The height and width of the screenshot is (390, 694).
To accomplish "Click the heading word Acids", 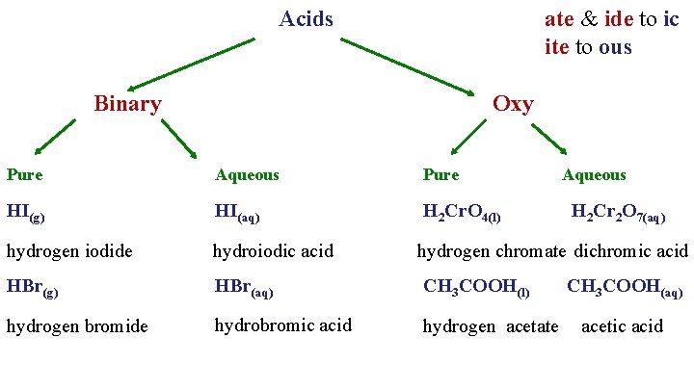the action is pyautogui.click(x=306, y=18).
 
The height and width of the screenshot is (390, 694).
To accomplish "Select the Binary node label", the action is pyautogui.click(x=127, y=103).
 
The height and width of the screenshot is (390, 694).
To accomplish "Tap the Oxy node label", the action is pyautogui.click(x=512, y=104).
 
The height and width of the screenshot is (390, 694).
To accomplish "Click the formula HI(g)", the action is pyautogui.click(x=25, y=212).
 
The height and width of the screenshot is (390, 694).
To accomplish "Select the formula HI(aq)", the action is pyautogui.click(x=237, y=212).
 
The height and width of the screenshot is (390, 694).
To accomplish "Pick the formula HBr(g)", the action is pyautogui.click(x=32, y=288).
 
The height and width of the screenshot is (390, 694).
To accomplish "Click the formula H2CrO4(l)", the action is pyautogui.click(x=462, y=213).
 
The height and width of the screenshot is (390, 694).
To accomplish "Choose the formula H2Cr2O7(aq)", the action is pyautogui.click(x=618, y=213).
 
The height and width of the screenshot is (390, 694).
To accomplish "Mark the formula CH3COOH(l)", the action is pyautogui.click(x=476, y=288).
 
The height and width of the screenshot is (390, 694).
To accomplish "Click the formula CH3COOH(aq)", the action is pyautogui.click(x=625, y=288).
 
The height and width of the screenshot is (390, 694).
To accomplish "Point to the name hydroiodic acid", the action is pyautogui.click(x=273, y=251).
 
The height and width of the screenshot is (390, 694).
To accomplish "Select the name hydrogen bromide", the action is pyautogui.click(x=77, y=326).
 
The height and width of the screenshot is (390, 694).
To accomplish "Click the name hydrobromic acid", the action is pyautogui.click(x=282, y=325).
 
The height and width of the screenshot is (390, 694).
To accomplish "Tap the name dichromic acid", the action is pyautogui.click(x=631, y=251).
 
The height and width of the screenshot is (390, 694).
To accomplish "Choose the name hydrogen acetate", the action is pyautogui.click(x=491, y=326).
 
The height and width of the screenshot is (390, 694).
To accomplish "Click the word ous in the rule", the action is pyautogui.click(x=615, y=46).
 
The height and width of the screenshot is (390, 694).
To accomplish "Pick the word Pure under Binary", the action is pyautogui.click(x=24, y=174).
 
